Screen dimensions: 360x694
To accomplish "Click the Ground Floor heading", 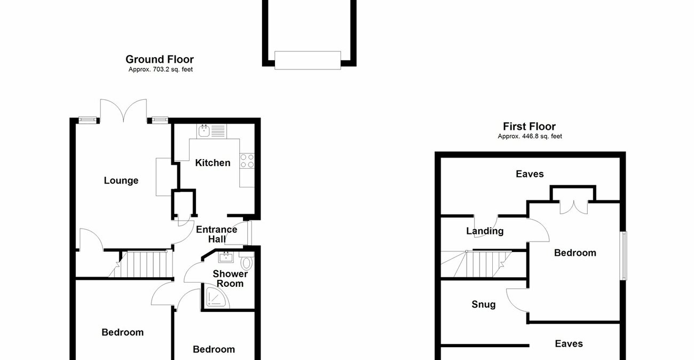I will [x=159, y=59].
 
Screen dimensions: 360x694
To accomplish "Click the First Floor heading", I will [x=529, y=127].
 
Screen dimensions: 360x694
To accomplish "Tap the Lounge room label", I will [x=121, y=181].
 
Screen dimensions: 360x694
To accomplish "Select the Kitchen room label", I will [x=212, y=163].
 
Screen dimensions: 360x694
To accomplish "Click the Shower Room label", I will [x=230, y=278].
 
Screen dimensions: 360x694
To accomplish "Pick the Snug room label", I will [x=484, y=304].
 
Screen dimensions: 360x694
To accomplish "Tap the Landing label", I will [x=485, y=231].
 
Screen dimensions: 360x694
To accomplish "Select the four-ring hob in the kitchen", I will [x=247, y=161].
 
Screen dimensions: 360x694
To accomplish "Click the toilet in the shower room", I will [x=247, y=262].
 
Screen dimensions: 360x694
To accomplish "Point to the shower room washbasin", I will [x=226, y=257].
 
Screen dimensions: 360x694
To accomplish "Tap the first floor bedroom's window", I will [x=624, y=255].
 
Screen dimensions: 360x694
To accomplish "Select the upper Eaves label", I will [x=530, y=174].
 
